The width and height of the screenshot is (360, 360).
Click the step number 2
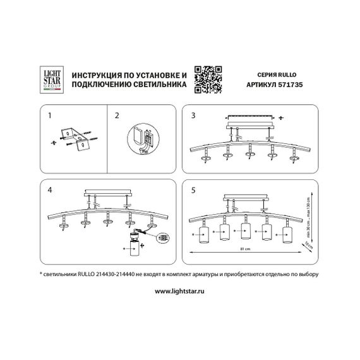pos(116,116)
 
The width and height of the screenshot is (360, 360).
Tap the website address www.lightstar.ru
pos(180,292)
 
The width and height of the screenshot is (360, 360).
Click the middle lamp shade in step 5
pos(245,232)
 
